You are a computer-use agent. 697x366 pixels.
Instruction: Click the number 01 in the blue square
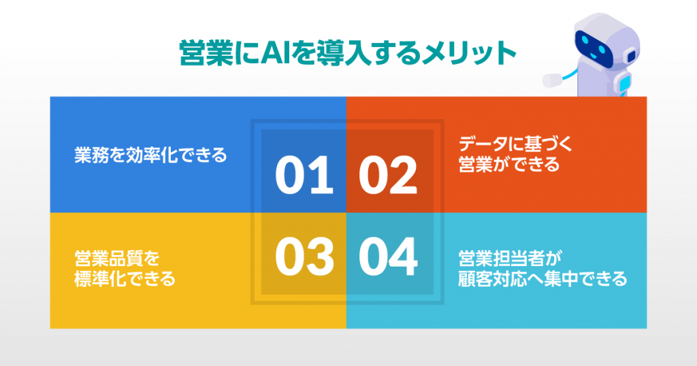coord(304,175)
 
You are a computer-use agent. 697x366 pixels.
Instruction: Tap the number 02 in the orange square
coord(387,175)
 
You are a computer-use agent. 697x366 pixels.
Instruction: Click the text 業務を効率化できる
coord(150,155)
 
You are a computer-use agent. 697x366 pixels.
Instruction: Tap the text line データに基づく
coord(516,144)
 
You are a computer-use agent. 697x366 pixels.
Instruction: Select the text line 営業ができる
coord(509,165)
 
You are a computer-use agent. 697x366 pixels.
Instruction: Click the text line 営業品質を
coord(117,259)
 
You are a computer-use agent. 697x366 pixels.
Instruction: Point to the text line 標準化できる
coord(125,279)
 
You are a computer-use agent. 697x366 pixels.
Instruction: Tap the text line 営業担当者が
coord(510,259)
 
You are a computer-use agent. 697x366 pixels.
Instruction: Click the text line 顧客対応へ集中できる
coord(542,279)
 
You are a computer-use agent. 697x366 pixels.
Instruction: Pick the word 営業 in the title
coord(207,53)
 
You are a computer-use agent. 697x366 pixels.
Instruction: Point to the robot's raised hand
coord(552,80)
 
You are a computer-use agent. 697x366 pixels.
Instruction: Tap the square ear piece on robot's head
coord(631,56)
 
